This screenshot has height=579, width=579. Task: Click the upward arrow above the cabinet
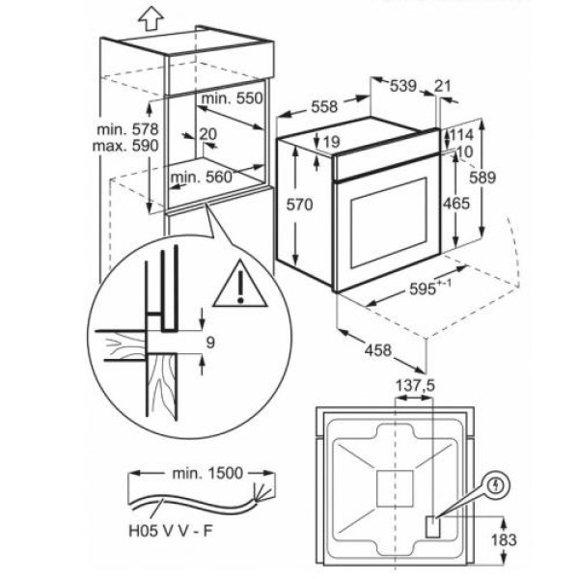[x=152, y=19]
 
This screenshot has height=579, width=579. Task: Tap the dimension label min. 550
[x=233, y=98]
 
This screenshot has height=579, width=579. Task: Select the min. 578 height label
[x=127, y=129]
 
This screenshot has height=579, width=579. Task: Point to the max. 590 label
[x=125, y=146]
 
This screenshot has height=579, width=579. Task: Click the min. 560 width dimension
[x=202, y=178]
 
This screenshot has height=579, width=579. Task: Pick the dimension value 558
[x=324, y=107]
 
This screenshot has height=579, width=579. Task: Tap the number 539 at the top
[x=403, y=86]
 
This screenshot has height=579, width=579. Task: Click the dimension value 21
[x=442, y=86]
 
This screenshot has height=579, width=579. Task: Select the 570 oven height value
[x=299, y=205]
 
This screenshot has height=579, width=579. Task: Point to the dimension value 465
[x=456, y=204]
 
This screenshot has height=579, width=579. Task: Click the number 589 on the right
[x=482, y=178]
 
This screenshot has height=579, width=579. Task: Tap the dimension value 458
[x=377, y=349]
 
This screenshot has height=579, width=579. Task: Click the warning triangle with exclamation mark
[x=240, y=285]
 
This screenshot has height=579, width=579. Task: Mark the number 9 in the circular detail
[x=210, y=343]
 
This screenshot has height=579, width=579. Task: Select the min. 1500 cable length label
[x=207, y=473]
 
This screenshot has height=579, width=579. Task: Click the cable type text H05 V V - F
[x=171, y=531]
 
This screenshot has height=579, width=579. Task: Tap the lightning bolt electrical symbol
[x=497, y=484]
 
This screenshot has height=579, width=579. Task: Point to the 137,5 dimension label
[x=415, y=386]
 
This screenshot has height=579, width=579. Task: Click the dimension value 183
[x=504, y=539]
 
